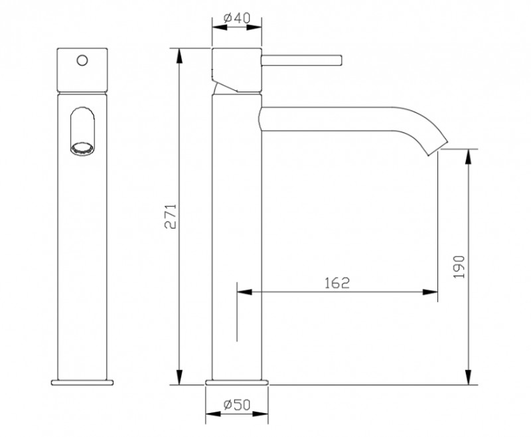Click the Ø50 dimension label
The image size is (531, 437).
pos(236,403)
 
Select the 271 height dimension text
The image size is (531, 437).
pos(170,216)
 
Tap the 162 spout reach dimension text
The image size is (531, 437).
pos(337,282)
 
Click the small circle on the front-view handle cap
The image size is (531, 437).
pos(82,60)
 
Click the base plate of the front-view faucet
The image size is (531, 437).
pos(82,383)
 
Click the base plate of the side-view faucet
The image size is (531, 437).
pos(238,383)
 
